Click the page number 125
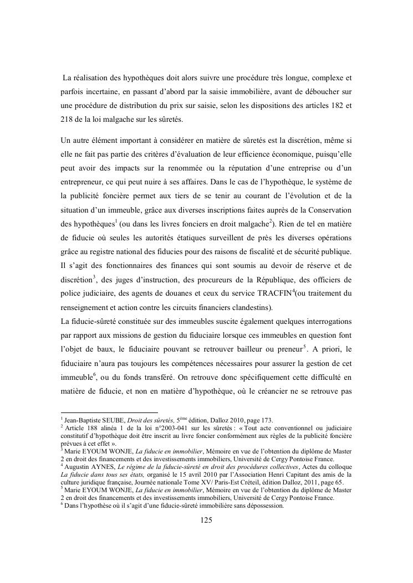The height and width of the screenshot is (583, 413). (206, 520)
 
